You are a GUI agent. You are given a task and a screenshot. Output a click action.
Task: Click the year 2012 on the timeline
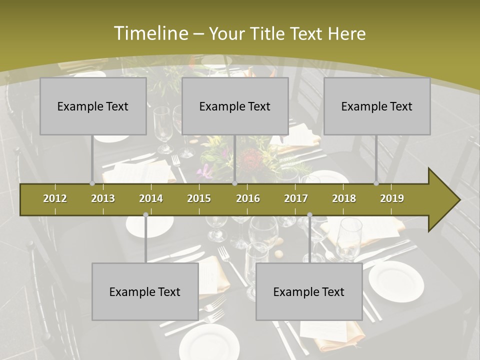click(x=55, y=198)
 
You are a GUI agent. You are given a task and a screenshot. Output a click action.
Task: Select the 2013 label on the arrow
click(x=103, y=198)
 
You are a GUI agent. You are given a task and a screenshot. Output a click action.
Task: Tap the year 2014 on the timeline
click(x=151, y=198)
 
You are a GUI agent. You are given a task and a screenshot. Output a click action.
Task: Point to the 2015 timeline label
click(x=199, y=198)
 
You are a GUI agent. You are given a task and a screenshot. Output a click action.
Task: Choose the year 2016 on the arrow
click(x=248, y=198)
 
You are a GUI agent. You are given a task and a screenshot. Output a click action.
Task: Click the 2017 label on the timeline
click(x=296, y=198)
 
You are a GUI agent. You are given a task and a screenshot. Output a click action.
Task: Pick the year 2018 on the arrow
click(x=344, y=198)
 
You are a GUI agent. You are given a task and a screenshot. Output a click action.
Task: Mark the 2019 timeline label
click(x=392, y=198)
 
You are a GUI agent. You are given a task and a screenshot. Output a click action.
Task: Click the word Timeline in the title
click(x=150, y=33)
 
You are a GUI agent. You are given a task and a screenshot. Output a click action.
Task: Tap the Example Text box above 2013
click(x=93, y=106)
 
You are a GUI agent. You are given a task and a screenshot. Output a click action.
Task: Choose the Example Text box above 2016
click(x=235, y=106)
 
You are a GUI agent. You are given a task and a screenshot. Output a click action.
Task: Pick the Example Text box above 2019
click(x=377, y=106)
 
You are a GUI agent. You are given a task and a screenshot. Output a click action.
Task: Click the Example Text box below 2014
click(x=145, y=291)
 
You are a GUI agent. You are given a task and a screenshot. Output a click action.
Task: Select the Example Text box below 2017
click(x=309, y=291)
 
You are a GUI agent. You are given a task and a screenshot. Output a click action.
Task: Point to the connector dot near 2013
click(x=92, y=183)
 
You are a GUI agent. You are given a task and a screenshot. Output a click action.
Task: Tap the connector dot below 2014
click(x=145, y=214)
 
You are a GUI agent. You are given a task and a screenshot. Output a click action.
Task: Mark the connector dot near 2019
click(x=376, y=183)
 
